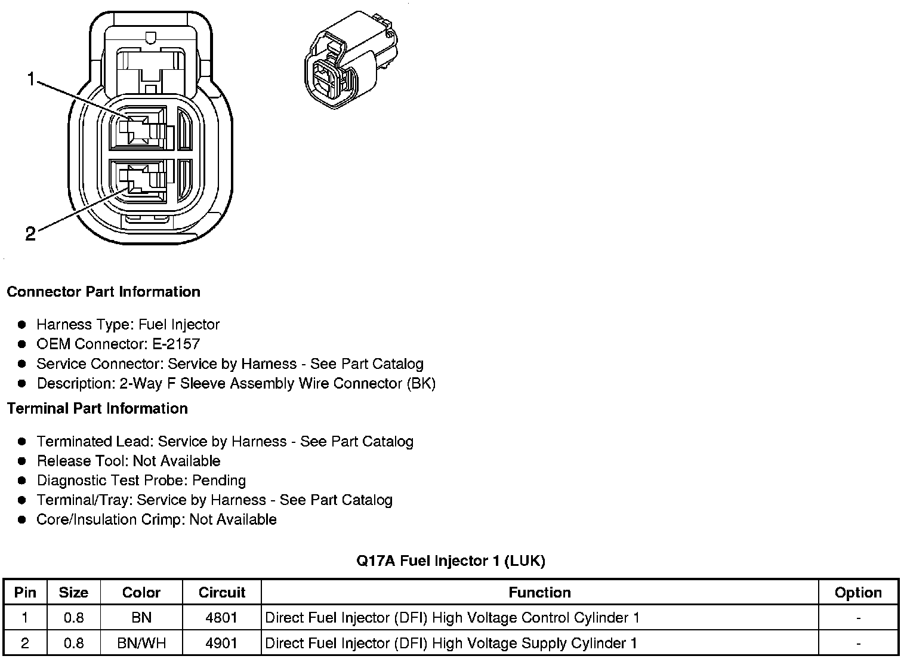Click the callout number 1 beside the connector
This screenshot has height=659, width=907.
point(32,79)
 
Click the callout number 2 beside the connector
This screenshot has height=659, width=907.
point(30,233)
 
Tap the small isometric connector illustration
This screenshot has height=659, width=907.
point(350,60)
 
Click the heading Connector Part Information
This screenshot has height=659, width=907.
point(103,292)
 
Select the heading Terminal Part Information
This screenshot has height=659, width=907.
point(97,409)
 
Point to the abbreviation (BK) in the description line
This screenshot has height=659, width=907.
point(421,384)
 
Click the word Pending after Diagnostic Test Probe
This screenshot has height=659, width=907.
point(219,481)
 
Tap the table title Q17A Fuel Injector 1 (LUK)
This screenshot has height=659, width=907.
point(451,561)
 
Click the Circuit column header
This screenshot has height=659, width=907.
point(221,593)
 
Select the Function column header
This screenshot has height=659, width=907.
point(539,593)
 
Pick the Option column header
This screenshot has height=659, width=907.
point(858,593)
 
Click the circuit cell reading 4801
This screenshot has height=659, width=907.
point(221,618)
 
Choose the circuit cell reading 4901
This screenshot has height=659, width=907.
point(221,643)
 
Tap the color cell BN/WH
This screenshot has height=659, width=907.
point(141,643)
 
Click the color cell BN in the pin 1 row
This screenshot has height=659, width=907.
point(141,618)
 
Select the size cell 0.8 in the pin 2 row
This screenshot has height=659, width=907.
point(73,643)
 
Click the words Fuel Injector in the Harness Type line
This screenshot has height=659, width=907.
point(179,325)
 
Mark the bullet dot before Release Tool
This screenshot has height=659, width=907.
point(22,461)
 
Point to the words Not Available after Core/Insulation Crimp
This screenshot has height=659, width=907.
point(233,520)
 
